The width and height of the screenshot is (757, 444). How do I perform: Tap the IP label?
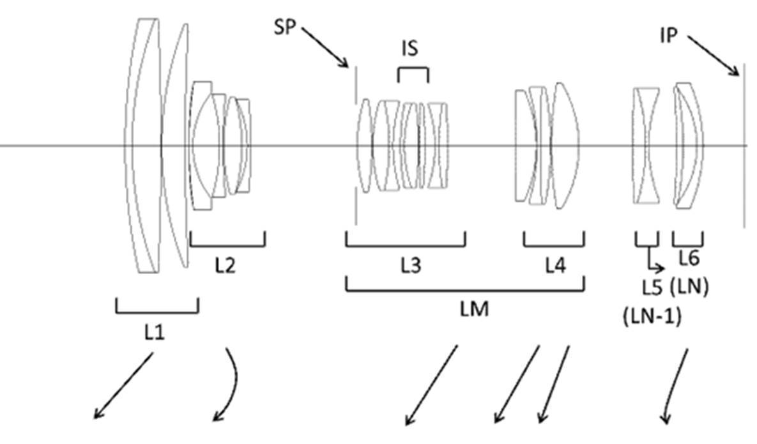pyautogui.click(x=668, y=36)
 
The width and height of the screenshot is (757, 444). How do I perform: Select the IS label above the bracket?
pyautogui.click(x=411, y=49)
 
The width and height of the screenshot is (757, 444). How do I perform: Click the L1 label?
pyautogui.click(x=155, y=332)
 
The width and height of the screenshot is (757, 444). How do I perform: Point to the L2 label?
pyautogui.click(x=224, y=264)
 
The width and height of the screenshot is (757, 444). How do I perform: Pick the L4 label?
pyautogui.click(x=554, y=265)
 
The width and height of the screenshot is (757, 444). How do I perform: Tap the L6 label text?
pyautogui.click(x=688, y=258)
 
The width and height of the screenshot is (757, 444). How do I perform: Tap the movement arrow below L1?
pyautogui.click(x=124, y=386)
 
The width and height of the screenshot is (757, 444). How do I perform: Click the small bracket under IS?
pyautogui.click(x=413, y=70)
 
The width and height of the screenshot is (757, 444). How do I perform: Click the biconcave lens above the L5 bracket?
pyautogui.click(x=646, y=146)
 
